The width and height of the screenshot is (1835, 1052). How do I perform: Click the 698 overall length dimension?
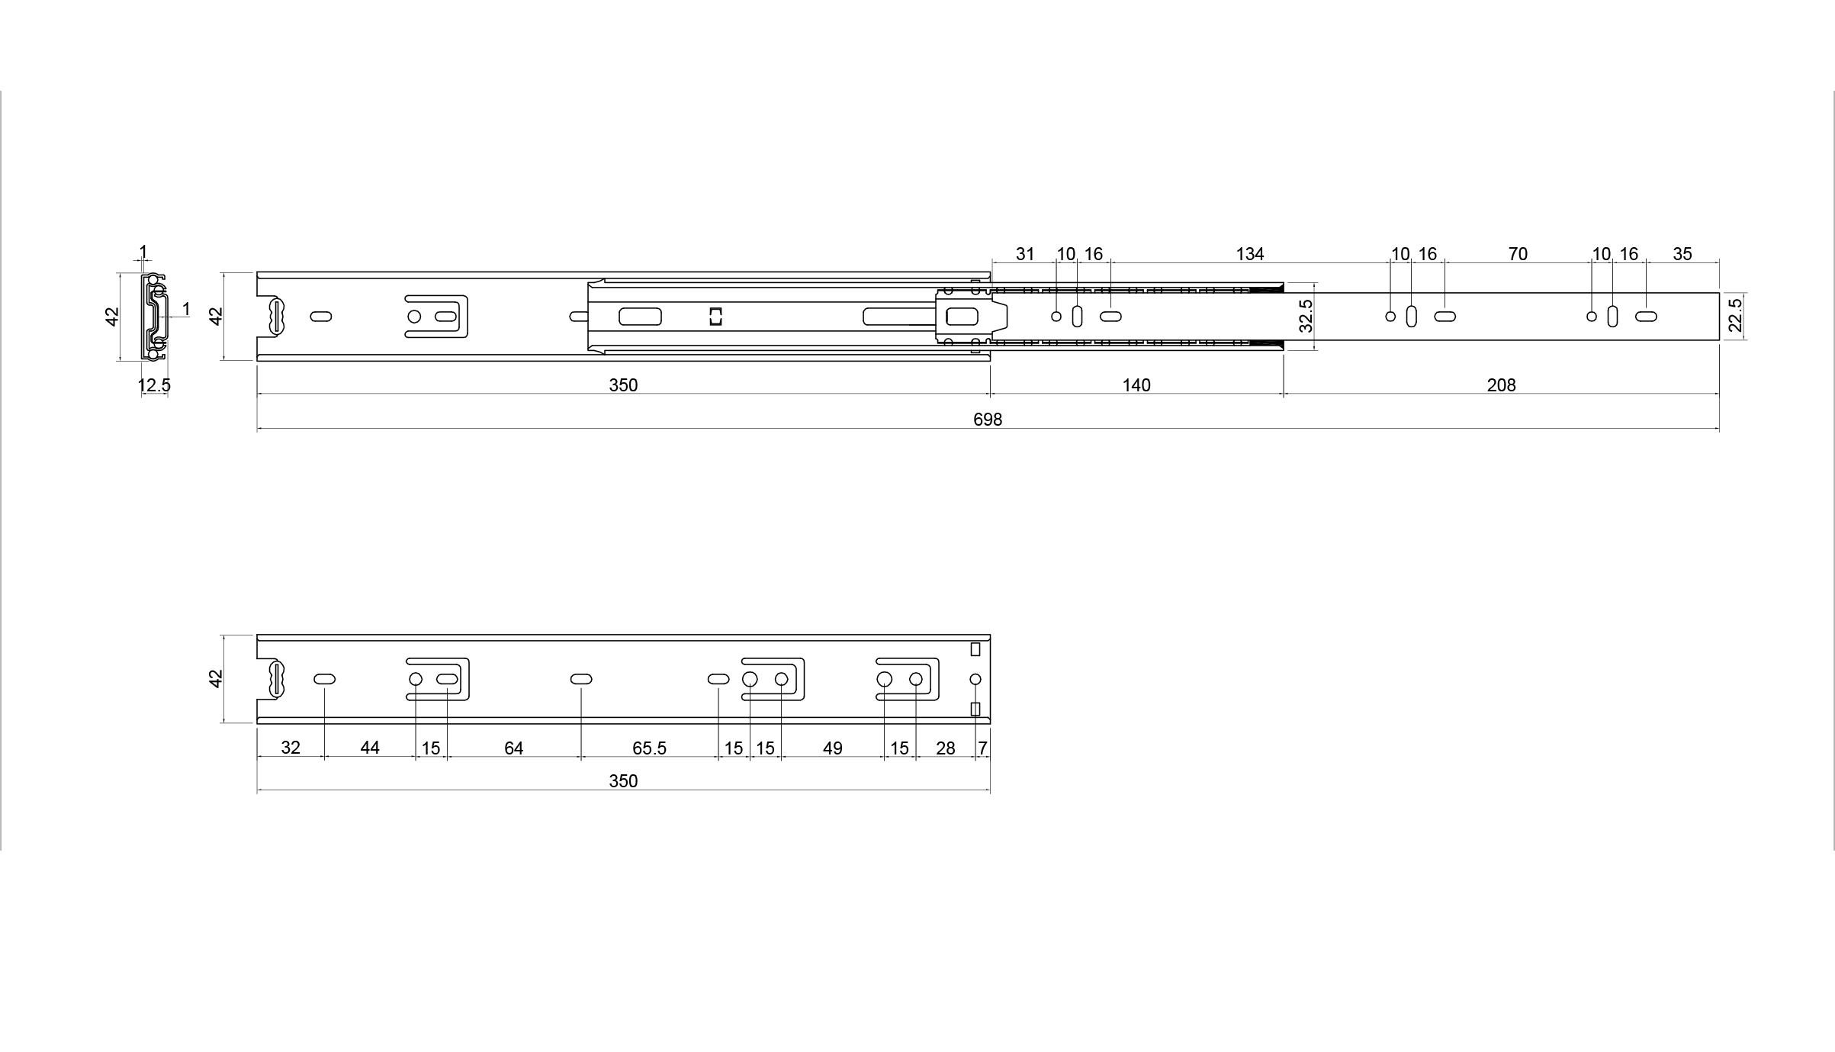click(x=988, y=419)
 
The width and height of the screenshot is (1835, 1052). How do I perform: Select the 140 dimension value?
click(x=1136, y=385)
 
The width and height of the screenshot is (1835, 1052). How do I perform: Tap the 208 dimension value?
click(x=1501, y=385)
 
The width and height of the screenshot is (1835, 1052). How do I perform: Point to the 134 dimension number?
click(x=1250, y=254)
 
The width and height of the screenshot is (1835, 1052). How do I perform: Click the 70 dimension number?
click(x=1518, y=254)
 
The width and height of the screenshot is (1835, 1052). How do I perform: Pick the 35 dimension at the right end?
click(x=1682, y=254)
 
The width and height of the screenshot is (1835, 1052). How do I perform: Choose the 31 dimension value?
click(x=1025, y=254)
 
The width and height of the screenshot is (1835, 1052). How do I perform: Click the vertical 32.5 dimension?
click(x=1306, y=316)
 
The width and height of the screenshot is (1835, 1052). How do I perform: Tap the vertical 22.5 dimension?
click(x=1735, y=315)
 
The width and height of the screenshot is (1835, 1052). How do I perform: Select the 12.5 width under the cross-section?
click(x=154, y=385)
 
